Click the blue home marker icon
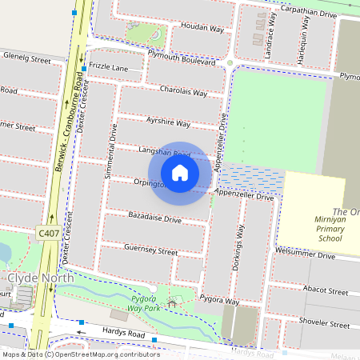180,172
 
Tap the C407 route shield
47,232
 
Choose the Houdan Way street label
185,26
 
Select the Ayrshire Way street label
168,124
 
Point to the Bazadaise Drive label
154,217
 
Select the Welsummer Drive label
305,256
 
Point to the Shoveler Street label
323,326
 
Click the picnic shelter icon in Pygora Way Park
170,305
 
